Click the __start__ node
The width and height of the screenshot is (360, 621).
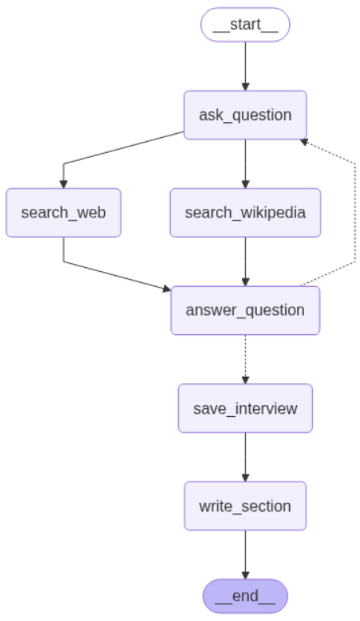(x=245, y=24)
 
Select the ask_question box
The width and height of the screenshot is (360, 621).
(x=245, y=115)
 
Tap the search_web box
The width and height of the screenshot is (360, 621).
(x=63, y=213)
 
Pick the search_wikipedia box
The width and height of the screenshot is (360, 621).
(x=245, y=213)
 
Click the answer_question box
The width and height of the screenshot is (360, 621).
(x=245, y=310)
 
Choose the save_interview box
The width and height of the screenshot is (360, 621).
(x=245, y=408)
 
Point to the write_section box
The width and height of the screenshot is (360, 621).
(x=245, y=506)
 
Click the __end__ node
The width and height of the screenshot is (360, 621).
(x=245, y=596)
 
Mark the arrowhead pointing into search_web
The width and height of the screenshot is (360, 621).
(x=63, y=184)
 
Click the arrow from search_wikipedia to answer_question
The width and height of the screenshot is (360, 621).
(x=245, y=261)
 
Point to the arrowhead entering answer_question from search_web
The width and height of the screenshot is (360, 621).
(x=166, y=289)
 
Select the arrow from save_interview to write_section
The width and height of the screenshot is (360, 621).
(x=245, y=456)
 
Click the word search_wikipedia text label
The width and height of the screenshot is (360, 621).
(x=245, y=213)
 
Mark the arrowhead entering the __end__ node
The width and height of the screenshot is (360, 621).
(x=245, y=575)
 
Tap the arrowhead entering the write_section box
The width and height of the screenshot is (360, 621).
(x=245, y=477)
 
